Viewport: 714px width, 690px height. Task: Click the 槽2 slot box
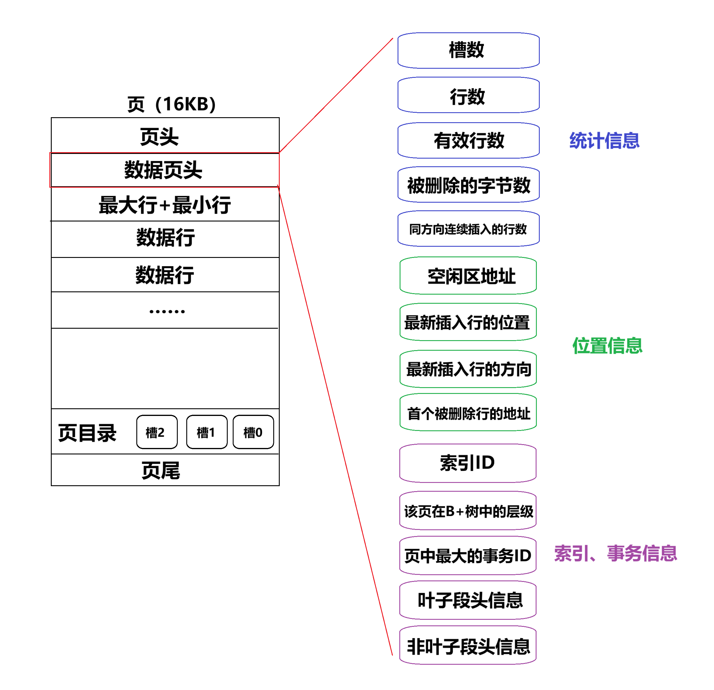[x=157, y=432]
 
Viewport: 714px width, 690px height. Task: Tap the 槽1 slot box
[x=207, y=432]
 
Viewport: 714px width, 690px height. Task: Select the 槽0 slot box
[x=253, y=432]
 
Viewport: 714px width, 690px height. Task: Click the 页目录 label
[x=88, y=433]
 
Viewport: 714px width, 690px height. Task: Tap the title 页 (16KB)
[x=171, y=104]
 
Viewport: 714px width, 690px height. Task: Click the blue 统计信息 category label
[x=604, y=140]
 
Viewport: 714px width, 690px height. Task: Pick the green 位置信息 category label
[x=607, y=345]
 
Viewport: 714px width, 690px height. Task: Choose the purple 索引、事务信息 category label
[x=615, y=553]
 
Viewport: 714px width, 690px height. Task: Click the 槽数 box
[x=468, y=50]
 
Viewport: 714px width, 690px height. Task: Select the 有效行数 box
[x=468, y=140]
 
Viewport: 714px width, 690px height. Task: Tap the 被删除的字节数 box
[x=468, y=185]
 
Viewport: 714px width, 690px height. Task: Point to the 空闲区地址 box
[x=468, y=276]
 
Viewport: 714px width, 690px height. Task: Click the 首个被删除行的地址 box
[x=468, y=413]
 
